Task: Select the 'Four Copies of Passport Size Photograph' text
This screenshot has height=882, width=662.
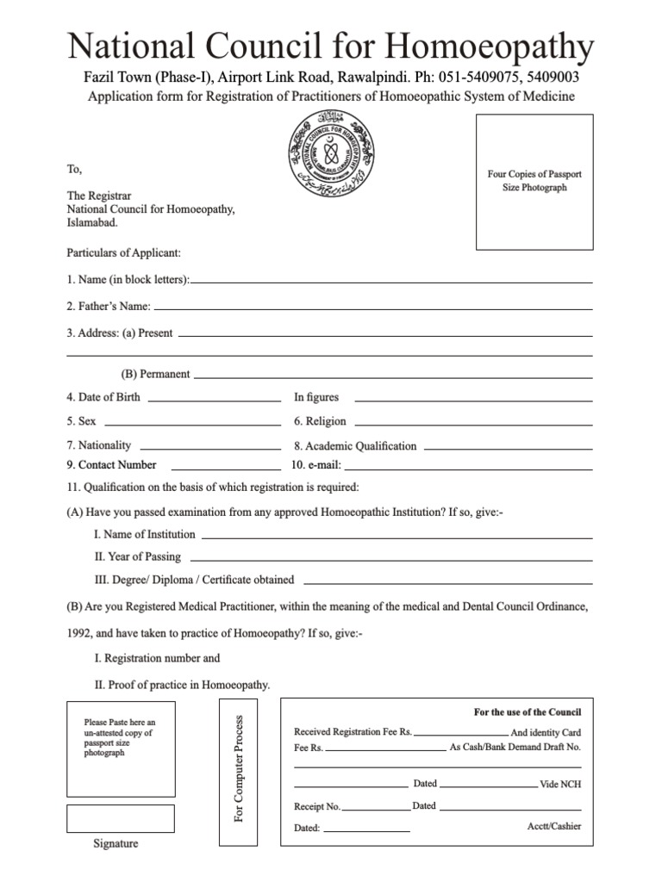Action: pyautogui.click(x=534, y=181)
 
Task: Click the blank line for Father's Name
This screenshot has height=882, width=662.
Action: pyautogui.click(x=372, y=308)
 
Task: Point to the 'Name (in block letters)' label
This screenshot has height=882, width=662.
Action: pyautogui.click(x=128, y=280)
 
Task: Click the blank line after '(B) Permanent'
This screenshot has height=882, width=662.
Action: pyautogui.click(x=393, y=376)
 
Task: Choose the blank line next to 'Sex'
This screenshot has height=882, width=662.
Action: pyautogui.click(x=191, y=424)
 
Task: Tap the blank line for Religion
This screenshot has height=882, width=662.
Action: pyautogui.click(x=473, y=424)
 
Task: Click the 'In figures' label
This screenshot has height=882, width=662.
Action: pyautogui.click(x=316, y=398)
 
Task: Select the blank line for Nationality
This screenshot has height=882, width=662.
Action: pyautogui.click(x=210, y=449)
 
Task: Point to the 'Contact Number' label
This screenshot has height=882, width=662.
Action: pyautogui.click(x=111, y=465)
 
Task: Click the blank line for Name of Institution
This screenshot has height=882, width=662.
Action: pyautogui.click(x=397, y=537)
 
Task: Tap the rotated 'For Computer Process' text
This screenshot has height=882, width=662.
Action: pyautogui.click(x=240, y=767)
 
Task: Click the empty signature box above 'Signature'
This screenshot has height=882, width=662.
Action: pyautogui.click(x=121, y=818)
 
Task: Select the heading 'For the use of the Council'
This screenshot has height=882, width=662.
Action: pyautogui.click(x=528, y=712)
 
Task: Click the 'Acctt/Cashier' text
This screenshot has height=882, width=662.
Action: pyautogui.click(x=553, y=826)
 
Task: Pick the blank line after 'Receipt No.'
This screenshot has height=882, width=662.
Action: pyautogui.click(x=376, y=810)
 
